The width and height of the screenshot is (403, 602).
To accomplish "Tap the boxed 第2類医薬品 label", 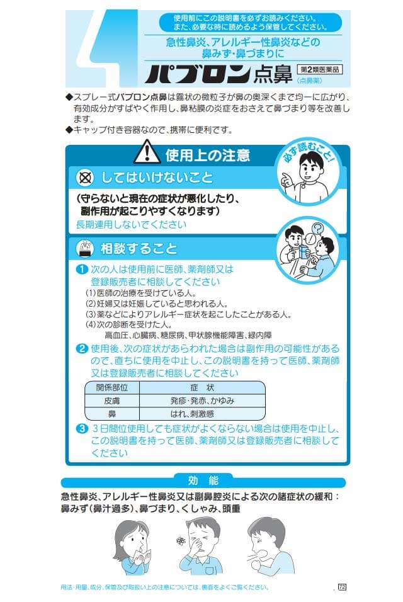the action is [x=320, y=69].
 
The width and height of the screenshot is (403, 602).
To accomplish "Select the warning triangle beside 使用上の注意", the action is [x=147, y=152].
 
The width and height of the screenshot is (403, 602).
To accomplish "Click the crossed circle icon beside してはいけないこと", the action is [x=85, y=178].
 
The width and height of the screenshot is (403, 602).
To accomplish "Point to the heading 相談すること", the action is [x=139, y=249].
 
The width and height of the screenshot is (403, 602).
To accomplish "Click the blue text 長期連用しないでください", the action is [x=131, y=225].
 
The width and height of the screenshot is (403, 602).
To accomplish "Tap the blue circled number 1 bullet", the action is [x=82, y=269].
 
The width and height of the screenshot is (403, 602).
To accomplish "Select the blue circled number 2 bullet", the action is [x=82, y=349].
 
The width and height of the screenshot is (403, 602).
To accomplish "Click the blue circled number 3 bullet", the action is [x=82, y=428].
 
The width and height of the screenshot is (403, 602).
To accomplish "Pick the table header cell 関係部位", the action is [x=111, y=387].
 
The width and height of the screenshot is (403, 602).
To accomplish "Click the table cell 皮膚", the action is [x=111, y=401].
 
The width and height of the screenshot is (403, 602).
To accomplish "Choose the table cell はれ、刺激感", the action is [x=202, y=414].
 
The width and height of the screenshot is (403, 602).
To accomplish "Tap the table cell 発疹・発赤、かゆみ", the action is [x=202, y=401].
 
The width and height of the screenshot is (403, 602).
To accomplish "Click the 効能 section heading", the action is [x=203, y=480].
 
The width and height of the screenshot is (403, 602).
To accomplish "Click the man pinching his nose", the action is [x=200, y=546].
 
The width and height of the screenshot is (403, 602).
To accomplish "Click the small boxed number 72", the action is [x=342, y=587].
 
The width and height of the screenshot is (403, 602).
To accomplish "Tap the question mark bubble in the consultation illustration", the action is [x=317, y=229].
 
